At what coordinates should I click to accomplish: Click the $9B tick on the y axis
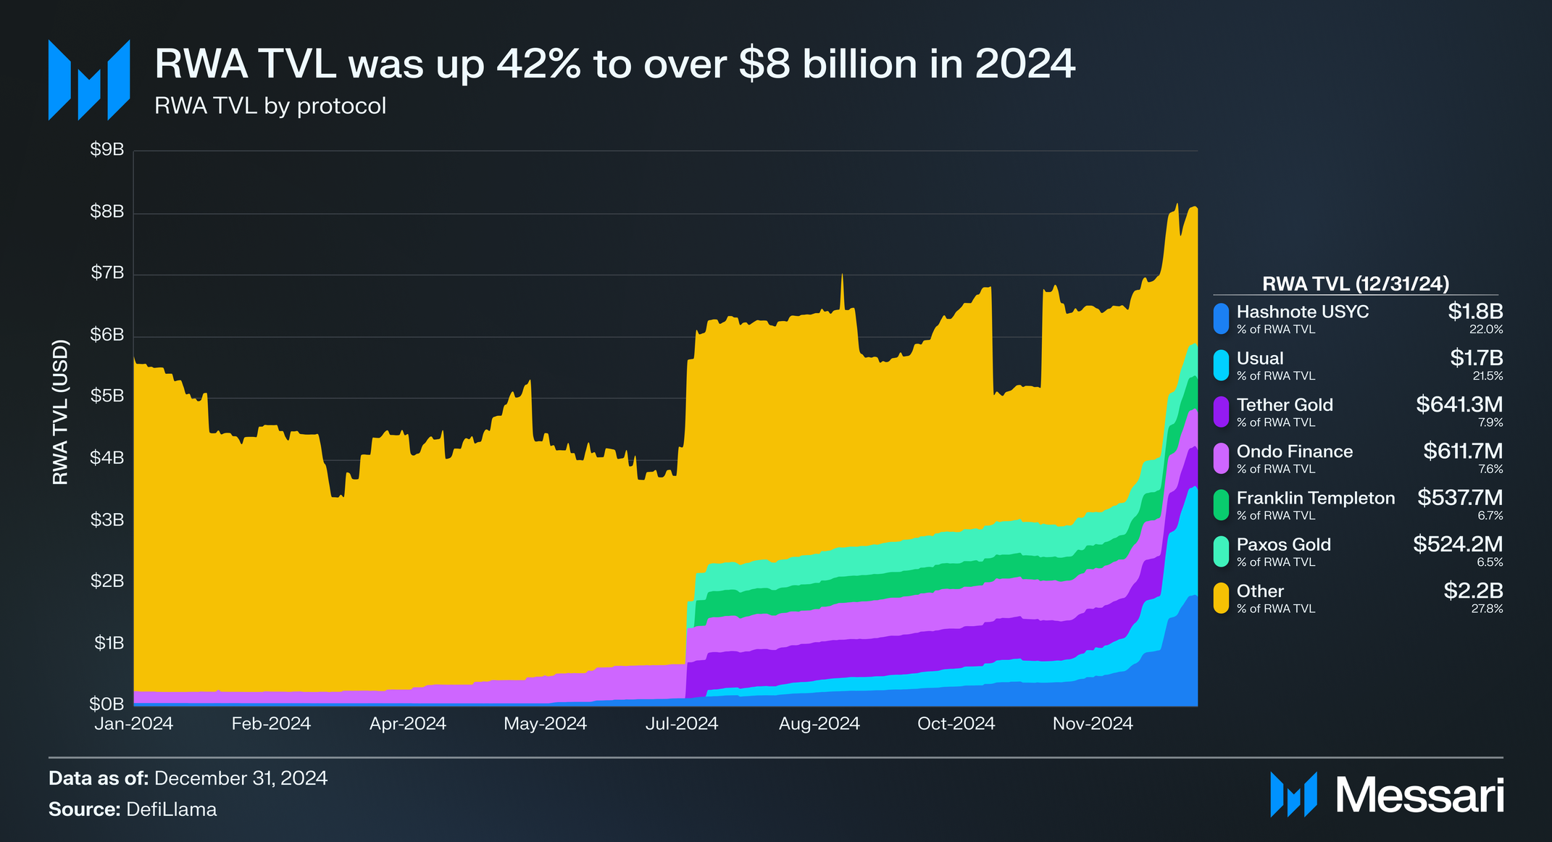107,149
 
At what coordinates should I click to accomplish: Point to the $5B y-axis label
107,396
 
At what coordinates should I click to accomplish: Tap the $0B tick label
107,704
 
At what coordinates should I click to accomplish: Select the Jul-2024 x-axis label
681,724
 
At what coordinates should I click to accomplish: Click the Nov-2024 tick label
1092,724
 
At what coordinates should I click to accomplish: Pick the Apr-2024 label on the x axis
408,724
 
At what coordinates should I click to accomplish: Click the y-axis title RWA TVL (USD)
61,412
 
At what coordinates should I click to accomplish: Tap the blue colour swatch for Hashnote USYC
1222,319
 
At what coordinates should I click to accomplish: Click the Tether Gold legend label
1284,405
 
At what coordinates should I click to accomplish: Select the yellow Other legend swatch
1222,599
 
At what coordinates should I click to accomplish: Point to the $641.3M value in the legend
1459,404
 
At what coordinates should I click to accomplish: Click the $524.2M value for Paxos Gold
1457,544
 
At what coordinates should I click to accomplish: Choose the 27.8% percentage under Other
1487,609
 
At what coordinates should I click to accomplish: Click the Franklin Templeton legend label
1315,499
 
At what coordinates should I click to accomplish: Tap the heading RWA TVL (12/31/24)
1355,284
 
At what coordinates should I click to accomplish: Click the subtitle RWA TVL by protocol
270,107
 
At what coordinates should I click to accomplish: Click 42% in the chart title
538,64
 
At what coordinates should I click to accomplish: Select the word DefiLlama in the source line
171,809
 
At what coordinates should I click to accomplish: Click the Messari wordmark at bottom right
1419,796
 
